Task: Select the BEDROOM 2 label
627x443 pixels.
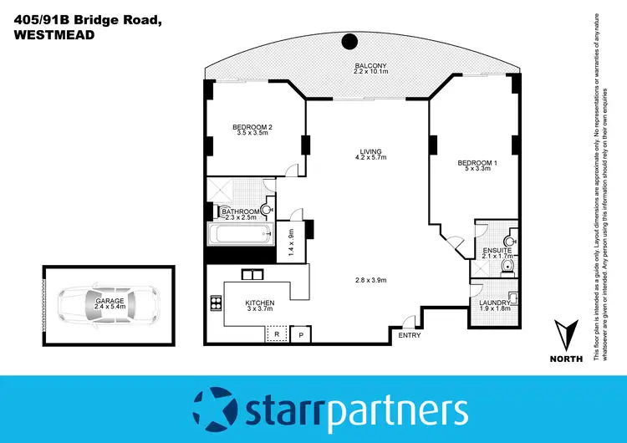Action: click(x=253, y=127)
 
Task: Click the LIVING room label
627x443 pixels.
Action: click(x=369, y=150)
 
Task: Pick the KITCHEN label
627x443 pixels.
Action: click(x=260, y=303)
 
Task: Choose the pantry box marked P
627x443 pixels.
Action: click(x=302, y=334)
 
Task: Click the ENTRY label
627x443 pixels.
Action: click(x=410, y=335)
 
